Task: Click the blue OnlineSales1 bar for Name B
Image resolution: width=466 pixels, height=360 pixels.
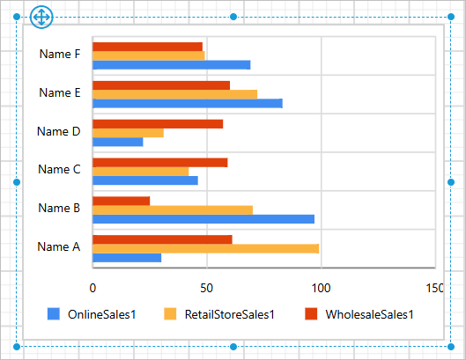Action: (x=203, y=219)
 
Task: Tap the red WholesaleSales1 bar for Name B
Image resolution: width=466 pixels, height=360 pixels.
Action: (x=121, y=201)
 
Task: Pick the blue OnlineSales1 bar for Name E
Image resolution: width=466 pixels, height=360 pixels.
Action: (x=187, y=104)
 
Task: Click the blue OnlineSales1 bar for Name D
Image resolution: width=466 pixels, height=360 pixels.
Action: (x=117, y=142)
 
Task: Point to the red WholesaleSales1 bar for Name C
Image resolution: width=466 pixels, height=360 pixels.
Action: (x=159, y=162)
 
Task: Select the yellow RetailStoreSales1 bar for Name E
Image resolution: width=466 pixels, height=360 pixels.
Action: (x=174, y=94)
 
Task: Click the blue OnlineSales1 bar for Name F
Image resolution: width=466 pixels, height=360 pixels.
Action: (x=171, y=65)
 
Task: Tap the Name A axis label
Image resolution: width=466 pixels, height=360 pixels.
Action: (x=59, y=247)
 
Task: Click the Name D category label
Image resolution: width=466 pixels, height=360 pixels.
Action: (x=59, y=132)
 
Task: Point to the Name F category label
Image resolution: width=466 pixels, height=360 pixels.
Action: (x=60, y=55)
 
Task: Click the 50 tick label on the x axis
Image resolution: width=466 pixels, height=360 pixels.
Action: (x=206, y=287)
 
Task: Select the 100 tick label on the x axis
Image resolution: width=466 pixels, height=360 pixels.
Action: (x=321, y=287)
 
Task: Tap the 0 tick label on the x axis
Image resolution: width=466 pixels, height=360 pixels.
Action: (x=92, y=287)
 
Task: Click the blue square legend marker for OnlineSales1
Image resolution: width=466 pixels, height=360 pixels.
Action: (x=53, y=314)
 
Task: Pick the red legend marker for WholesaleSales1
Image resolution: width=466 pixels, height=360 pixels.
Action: (x=310, y=314)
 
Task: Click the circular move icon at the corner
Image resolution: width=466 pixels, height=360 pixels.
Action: (x=41, y=17)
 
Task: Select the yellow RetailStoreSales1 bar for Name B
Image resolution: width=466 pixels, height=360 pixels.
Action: (x=173, y=209)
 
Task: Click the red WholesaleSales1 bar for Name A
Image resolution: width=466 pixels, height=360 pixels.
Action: (x=162, y=239)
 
